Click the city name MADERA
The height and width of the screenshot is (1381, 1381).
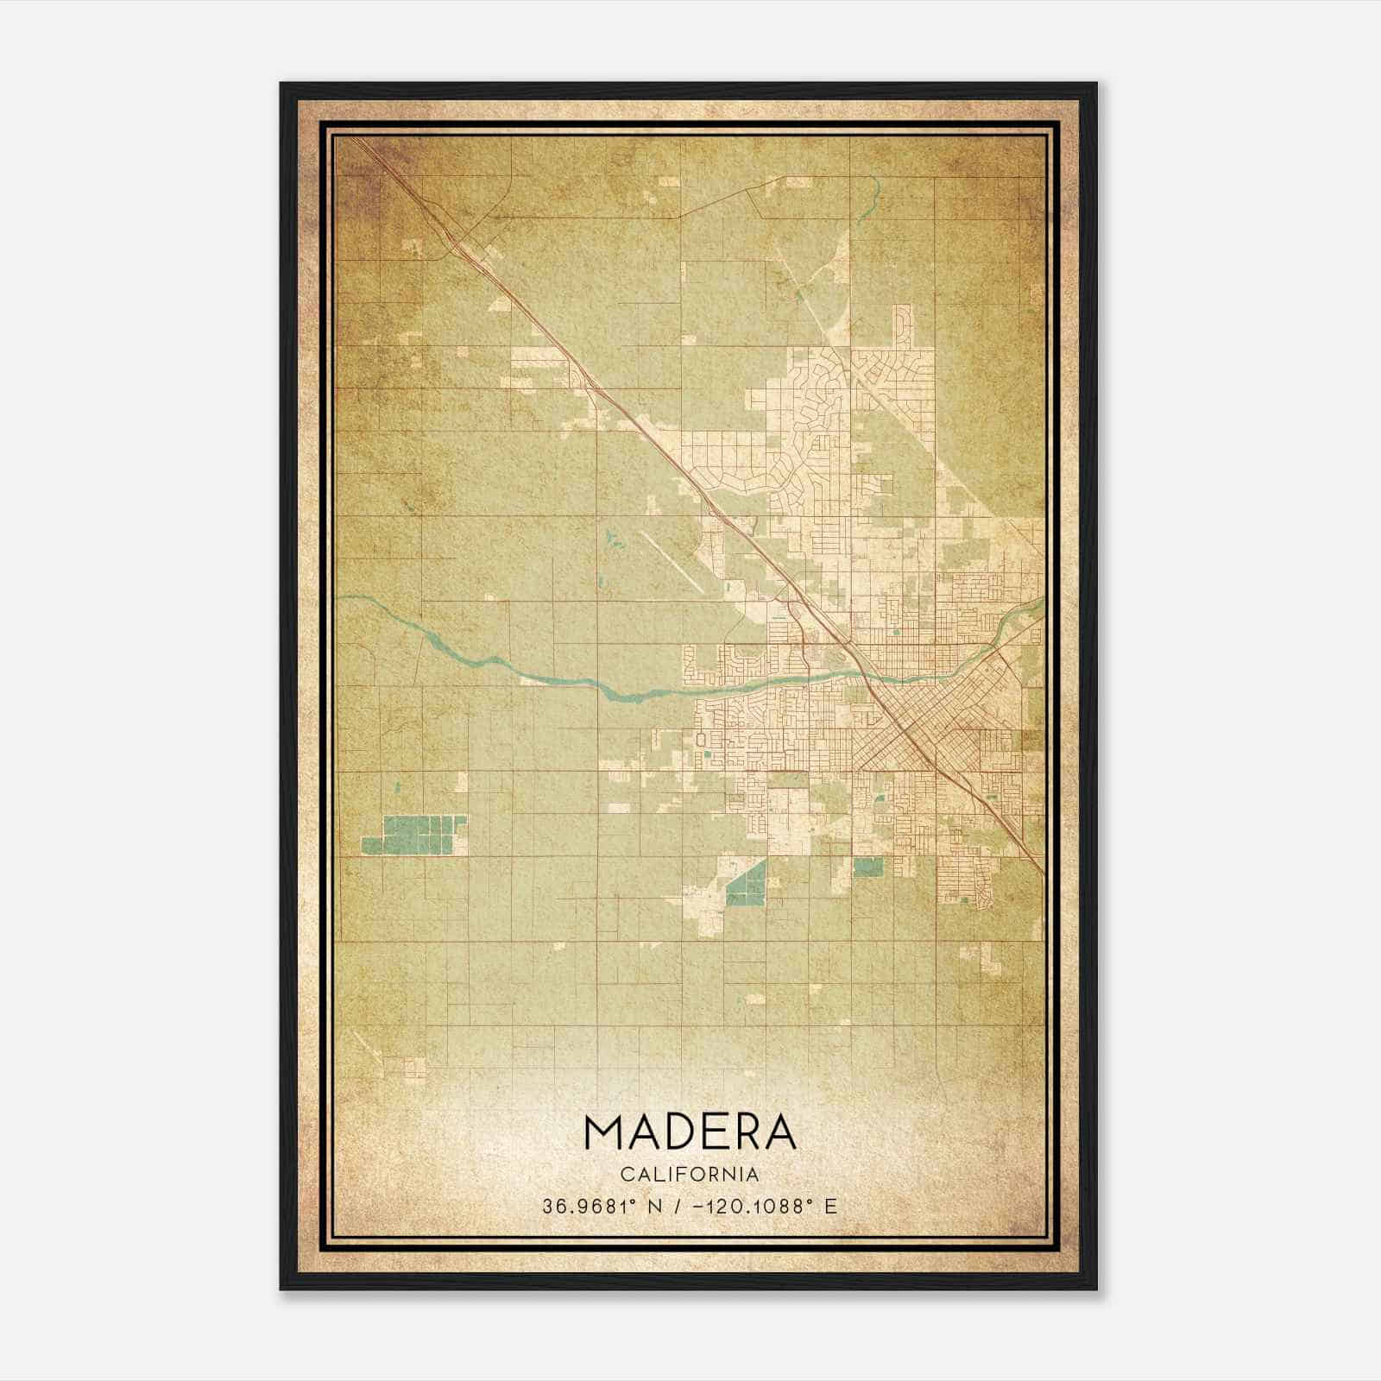(690, 1132)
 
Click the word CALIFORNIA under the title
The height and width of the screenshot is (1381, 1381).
(690, 1175)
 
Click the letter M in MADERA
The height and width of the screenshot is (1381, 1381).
(603, 1132)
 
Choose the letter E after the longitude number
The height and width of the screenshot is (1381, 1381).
(830, 1207)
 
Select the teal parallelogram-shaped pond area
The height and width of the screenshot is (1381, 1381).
(746, 884)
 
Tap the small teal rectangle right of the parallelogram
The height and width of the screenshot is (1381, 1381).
(867, 867)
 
